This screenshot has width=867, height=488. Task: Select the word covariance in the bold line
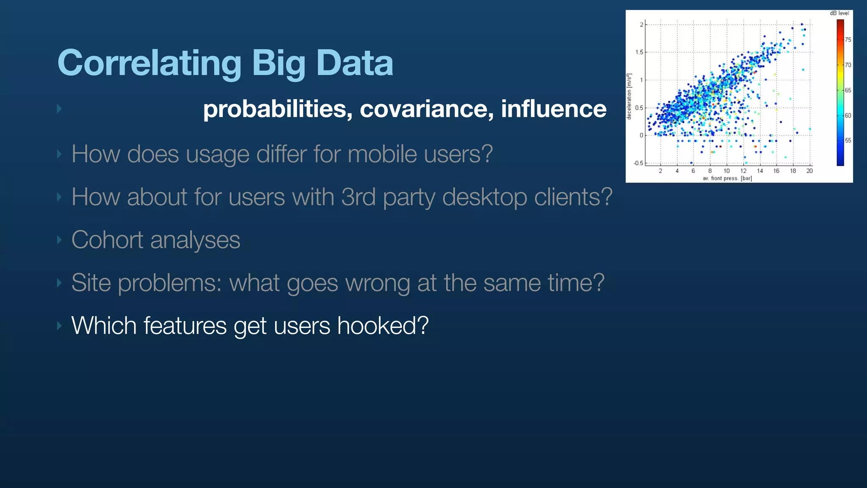click(426, 109)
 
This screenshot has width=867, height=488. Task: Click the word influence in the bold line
click(553, 109)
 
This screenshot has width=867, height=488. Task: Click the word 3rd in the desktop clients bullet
click(358, 197)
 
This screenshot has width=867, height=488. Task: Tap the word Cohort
click(107, 240)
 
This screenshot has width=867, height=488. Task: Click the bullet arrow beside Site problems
click(59, 283)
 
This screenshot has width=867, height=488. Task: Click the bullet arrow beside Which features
click(59, 326)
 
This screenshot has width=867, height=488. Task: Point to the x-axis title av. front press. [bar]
click(727, 178)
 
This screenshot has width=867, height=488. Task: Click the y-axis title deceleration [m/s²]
click(629, 97)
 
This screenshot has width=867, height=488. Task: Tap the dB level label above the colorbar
click(839, 13)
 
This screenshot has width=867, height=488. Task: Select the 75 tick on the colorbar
click(848, 40)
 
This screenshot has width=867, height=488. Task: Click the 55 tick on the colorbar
click(848, 140)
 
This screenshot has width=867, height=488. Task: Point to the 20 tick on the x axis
click(809, 171)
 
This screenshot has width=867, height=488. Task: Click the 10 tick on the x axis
click(726, 171)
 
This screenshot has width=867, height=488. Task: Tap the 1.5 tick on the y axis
click(639, 52)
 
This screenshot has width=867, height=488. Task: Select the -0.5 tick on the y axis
click(638, 163)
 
